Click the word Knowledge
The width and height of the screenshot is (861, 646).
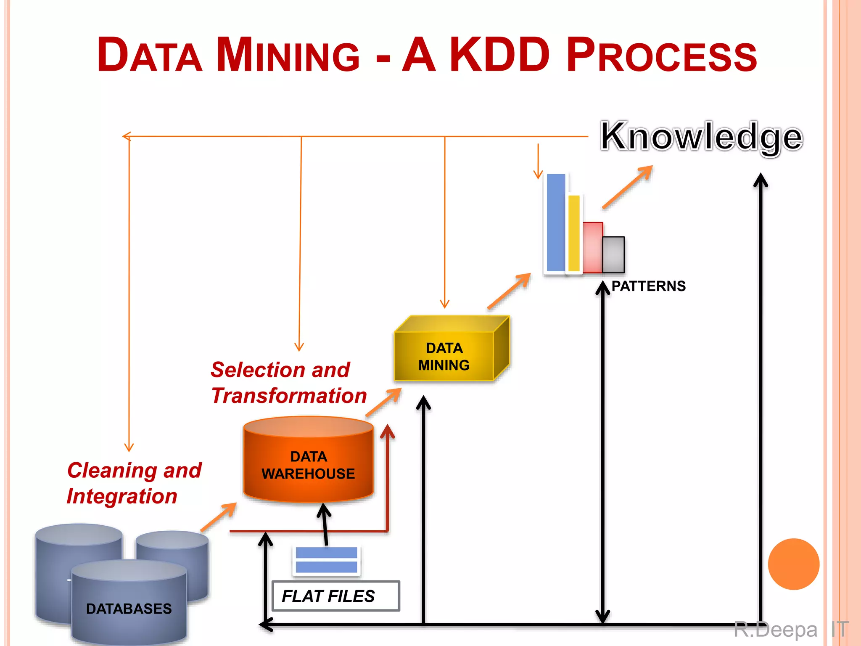click(701, 136)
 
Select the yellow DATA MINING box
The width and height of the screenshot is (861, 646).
click(444, 356)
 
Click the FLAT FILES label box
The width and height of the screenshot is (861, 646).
click(335, 596)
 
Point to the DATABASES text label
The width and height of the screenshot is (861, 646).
click(129, 609)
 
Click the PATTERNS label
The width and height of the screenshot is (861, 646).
click(648, 286)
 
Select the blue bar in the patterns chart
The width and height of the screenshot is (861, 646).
click(556, 222)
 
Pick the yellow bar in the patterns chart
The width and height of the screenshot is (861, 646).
click(574, 233)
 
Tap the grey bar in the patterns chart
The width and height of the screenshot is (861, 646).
click(613, 255)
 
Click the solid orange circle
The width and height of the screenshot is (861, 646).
click(793, 564)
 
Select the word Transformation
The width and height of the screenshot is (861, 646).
click(289, 396)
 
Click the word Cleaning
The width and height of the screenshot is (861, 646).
click(112, 470)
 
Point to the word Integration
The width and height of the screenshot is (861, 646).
click(122, 496)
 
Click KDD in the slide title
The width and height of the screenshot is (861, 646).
click(499, 55)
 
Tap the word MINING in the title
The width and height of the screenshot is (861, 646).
click(288, 55)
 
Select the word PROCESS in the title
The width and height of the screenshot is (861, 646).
click(661, 55)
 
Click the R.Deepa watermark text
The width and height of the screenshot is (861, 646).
click(776, 630)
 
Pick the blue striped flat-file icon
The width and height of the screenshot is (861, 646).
click(326, 560)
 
